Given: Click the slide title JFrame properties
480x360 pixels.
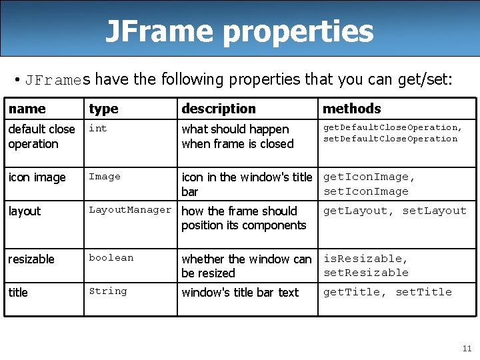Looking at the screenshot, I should (x=239, y=31).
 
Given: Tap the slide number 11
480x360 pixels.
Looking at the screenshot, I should (x=467, y=348).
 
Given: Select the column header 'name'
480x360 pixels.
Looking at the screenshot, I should (x=27, y=109).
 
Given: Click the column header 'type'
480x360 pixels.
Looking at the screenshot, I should (x=103, y=109).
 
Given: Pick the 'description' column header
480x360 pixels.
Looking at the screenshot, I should (x=219, y=109).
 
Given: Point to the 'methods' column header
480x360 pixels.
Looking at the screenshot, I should (x=352, y=109).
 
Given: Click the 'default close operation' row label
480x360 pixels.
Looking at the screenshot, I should (x=41, y=137).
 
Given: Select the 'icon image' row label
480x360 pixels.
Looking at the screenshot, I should (x=37, y=177).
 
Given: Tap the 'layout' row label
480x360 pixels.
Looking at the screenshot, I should (x=25, y=211).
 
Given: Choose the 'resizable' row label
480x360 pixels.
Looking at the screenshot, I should (x=31, y=259).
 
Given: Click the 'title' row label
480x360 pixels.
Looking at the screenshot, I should (x=18, y=293).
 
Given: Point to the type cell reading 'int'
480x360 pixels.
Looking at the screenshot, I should (x=98, y=128).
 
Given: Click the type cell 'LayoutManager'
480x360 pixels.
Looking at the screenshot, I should (x=130, y=210).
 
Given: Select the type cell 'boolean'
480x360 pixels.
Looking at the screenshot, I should (x=111, y=258).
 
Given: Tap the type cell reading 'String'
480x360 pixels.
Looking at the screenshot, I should (x=107, y=291).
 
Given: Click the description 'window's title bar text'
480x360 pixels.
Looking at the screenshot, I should (x=240, y=293).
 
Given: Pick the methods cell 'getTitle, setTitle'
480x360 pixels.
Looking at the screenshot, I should (x=387, y=292).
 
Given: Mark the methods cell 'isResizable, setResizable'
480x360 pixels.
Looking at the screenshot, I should (x=366, y=265).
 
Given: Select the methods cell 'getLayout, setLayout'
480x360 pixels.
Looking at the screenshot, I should (x=395, y=211).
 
